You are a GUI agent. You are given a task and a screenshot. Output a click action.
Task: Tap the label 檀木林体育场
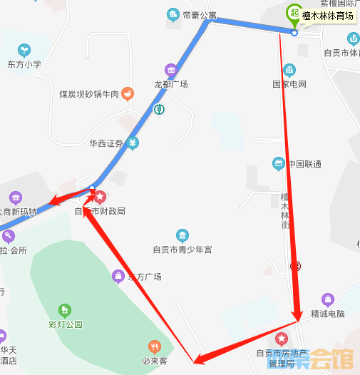(328, 17)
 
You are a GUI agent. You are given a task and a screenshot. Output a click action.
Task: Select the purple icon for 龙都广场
(171, 70)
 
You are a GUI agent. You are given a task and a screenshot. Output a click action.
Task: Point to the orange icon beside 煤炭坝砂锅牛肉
(128, 93)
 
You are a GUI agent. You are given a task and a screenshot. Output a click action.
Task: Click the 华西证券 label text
(106, 143)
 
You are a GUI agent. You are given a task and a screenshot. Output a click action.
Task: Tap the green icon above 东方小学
(24, 50)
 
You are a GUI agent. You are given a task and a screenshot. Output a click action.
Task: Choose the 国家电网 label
(289, 84)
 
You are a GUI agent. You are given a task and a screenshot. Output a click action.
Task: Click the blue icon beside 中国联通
(279, 164)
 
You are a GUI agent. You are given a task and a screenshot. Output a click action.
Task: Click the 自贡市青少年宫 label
(182, 250)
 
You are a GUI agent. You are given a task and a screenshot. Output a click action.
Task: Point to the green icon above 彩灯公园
(65, 310)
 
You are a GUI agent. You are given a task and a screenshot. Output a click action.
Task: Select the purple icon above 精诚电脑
(328, 299)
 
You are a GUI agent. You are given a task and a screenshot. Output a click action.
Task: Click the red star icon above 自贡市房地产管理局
(282, 337)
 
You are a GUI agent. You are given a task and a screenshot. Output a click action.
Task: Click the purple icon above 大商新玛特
(16, 197)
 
